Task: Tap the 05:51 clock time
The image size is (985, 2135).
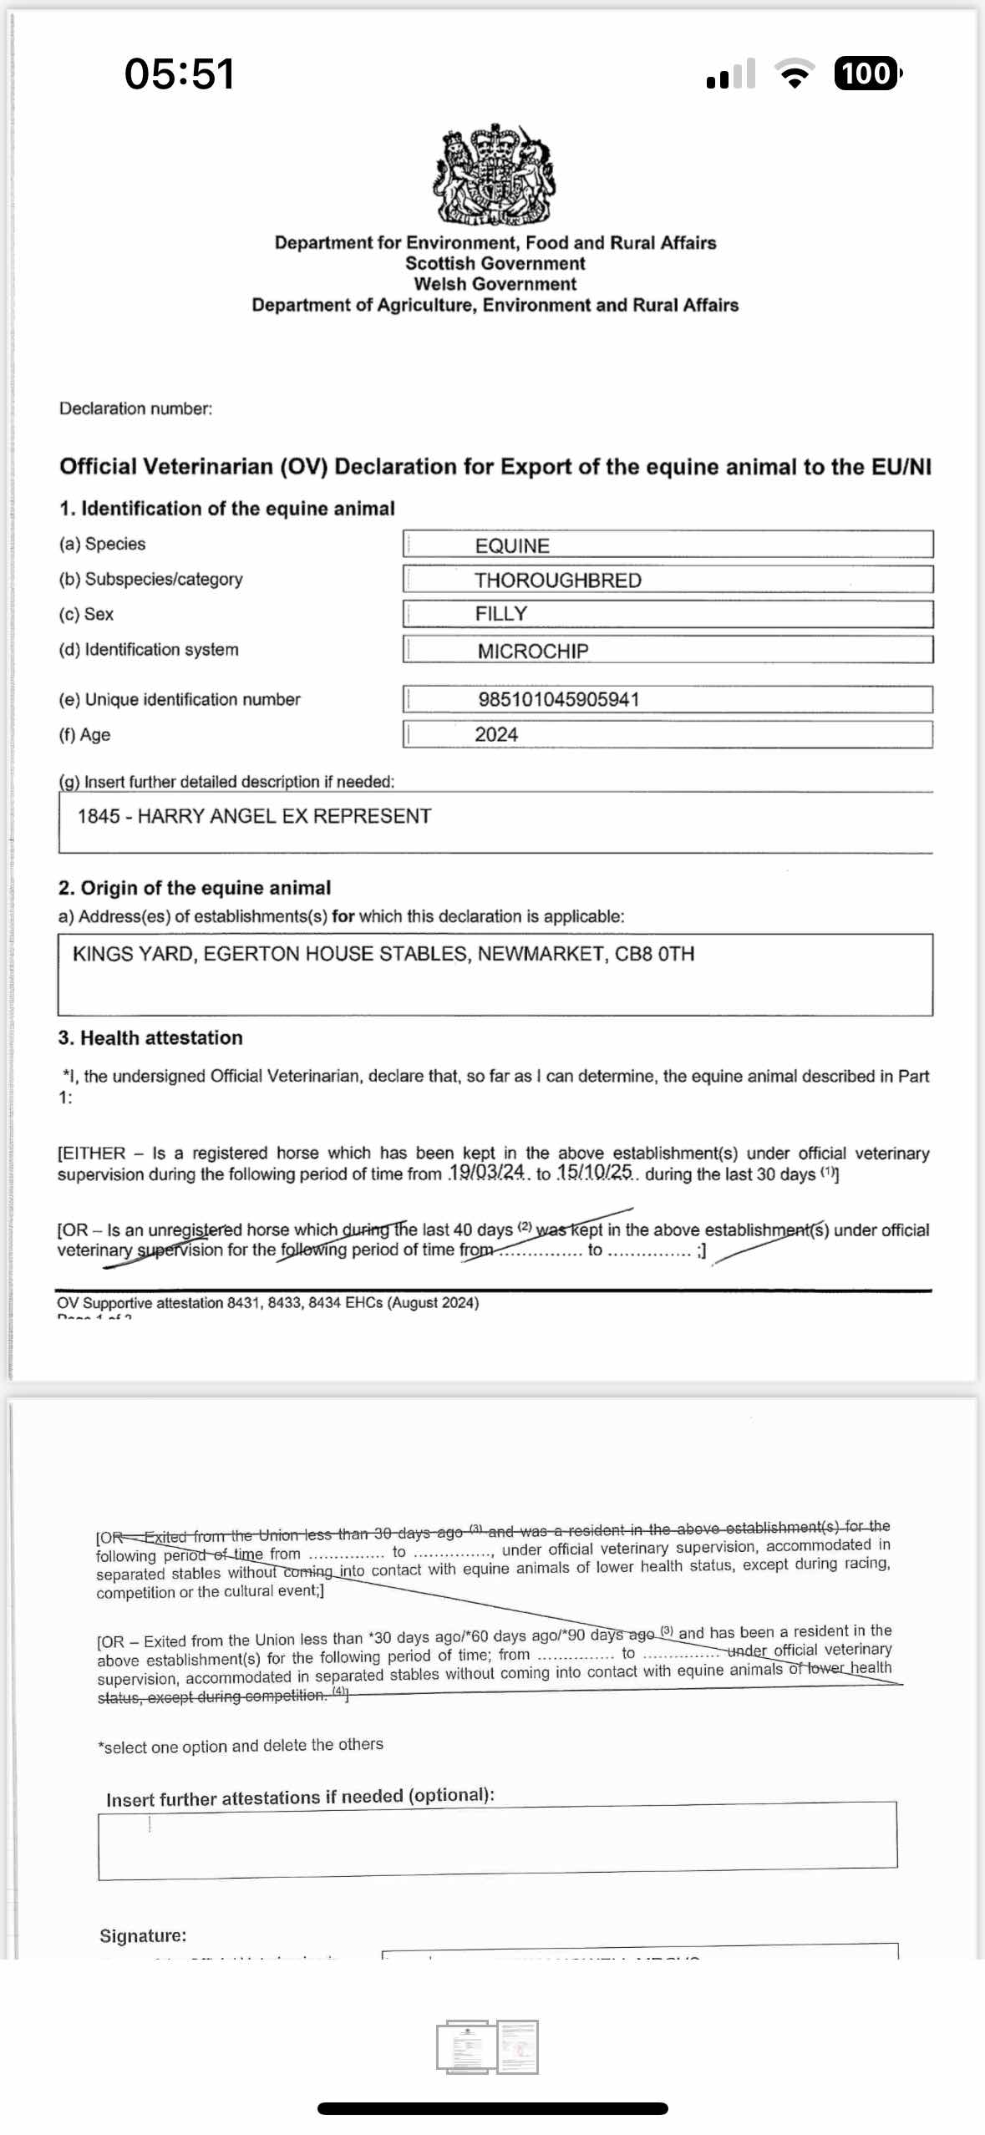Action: pyautogui.click(x=179, y=74)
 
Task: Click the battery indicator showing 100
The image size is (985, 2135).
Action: pyautogui.click(x=866, y=74)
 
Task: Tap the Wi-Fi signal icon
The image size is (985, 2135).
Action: pyautogui.click(x=795, y=74)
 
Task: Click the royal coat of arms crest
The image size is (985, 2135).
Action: pyautogui.click(x=494, y=175)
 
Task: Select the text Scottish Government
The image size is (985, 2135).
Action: pyautogui.click(x=495, y=263)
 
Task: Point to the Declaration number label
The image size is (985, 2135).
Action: pyautogui.click(x=135, y=408)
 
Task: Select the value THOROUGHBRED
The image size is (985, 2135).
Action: pyautogui.click(x=558, y=580)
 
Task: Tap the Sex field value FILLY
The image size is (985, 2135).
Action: pyautogui.click(x=501, y=614)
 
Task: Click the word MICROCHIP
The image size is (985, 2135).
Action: pyautogui.click(x=533, y=651)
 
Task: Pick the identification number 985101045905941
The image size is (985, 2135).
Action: pyautogui.click(x=558, y=699)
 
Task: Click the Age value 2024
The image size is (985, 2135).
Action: pyautogui.click(x=496, y=734)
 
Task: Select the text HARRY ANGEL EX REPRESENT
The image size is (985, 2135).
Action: pyautogui.click(x=284, y=816)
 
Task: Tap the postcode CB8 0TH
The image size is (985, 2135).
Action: pyautogui.click(x=654, y=954)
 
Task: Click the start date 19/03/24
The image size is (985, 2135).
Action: pyautogui.click(x=487, y=1172)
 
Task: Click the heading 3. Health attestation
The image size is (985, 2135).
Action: pyautogui.click(x=150, y=1037)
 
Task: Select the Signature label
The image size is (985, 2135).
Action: pyautogui.click(x=143, y=1935)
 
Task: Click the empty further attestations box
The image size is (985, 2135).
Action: pyautogui.click(x=497, y=1840)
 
